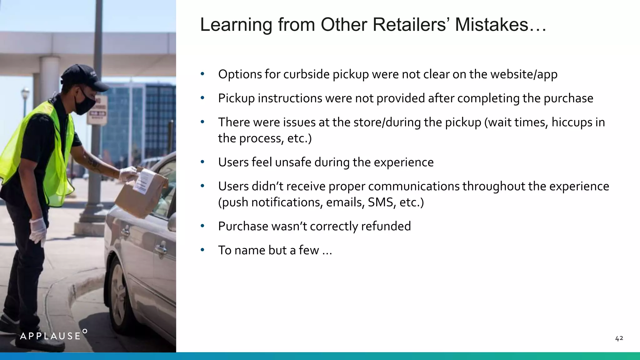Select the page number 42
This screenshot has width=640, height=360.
pos(619,338)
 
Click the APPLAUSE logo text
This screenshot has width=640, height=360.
pos(51,336)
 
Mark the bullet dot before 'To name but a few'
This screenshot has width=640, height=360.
pos(202,250)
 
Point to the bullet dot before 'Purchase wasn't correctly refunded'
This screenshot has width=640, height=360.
pos(202,226)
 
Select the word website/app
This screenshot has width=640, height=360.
pos(524,74)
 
